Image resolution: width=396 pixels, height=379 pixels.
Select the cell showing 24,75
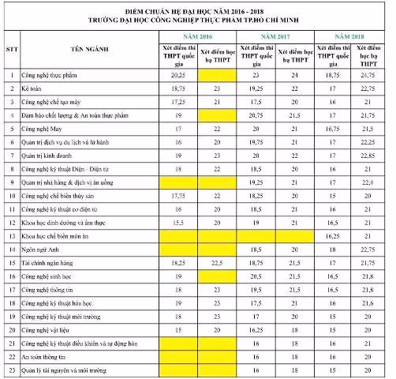[x=367, y=74]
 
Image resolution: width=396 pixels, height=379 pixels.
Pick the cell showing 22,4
[x=367, y=182]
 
